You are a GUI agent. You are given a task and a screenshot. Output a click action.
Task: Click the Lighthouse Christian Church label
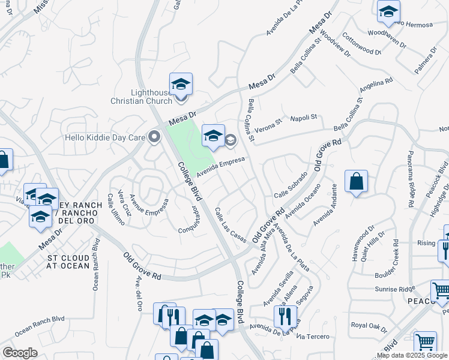coord(142,97)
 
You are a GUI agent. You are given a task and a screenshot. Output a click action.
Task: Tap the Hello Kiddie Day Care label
coord(105,137)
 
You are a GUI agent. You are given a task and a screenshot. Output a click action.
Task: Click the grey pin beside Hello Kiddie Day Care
coord(154,137)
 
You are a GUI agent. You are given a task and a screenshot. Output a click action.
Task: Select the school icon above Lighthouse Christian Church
coord(180,84)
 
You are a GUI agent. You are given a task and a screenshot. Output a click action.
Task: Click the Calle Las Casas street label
coord(231,225)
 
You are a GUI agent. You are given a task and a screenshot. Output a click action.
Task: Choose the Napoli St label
coord(303,118)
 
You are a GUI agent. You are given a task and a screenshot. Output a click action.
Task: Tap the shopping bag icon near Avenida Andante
coord(356,181)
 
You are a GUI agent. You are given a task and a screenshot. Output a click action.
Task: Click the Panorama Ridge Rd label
coord(410,179)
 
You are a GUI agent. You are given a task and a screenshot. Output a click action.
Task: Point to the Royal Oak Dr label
coord(370,326)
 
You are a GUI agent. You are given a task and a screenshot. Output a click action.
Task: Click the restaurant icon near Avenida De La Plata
coord(285,315)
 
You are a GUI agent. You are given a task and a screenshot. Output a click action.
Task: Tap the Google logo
coord(20,352)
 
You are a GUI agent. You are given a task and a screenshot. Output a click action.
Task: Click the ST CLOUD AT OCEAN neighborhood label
coord(69,262)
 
